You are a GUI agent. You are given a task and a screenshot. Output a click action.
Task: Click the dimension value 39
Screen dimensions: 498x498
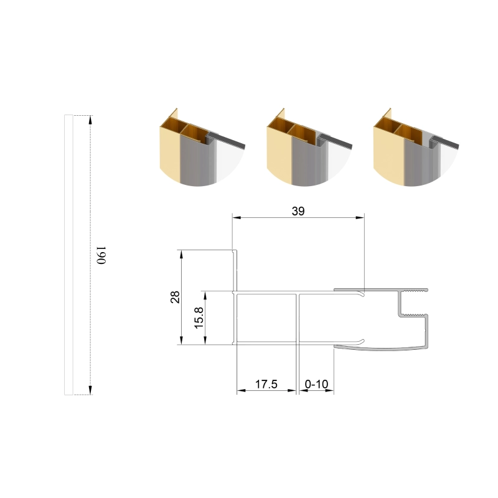tap(298, 211)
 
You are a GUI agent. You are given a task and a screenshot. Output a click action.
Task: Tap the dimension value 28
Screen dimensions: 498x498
tap(176, 297)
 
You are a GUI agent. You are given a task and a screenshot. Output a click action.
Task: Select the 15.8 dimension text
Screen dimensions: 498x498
tap(199, 317)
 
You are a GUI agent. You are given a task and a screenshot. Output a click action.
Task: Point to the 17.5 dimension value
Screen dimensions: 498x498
tap(266, 384)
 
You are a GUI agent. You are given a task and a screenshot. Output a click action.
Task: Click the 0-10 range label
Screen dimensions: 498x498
tap(316, 384)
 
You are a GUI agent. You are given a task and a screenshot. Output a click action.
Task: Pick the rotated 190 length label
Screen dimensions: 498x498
tap(101, 255)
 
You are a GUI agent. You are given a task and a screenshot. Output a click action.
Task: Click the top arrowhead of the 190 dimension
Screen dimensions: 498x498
tap(90, 120)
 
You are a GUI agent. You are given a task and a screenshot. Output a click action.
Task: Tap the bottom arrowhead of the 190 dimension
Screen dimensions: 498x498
tap(90, 390)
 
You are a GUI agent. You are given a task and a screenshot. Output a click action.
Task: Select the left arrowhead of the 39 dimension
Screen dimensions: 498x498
tap(237, 217)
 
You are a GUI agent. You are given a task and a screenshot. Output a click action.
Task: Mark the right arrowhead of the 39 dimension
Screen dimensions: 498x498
tap(360, 217)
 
